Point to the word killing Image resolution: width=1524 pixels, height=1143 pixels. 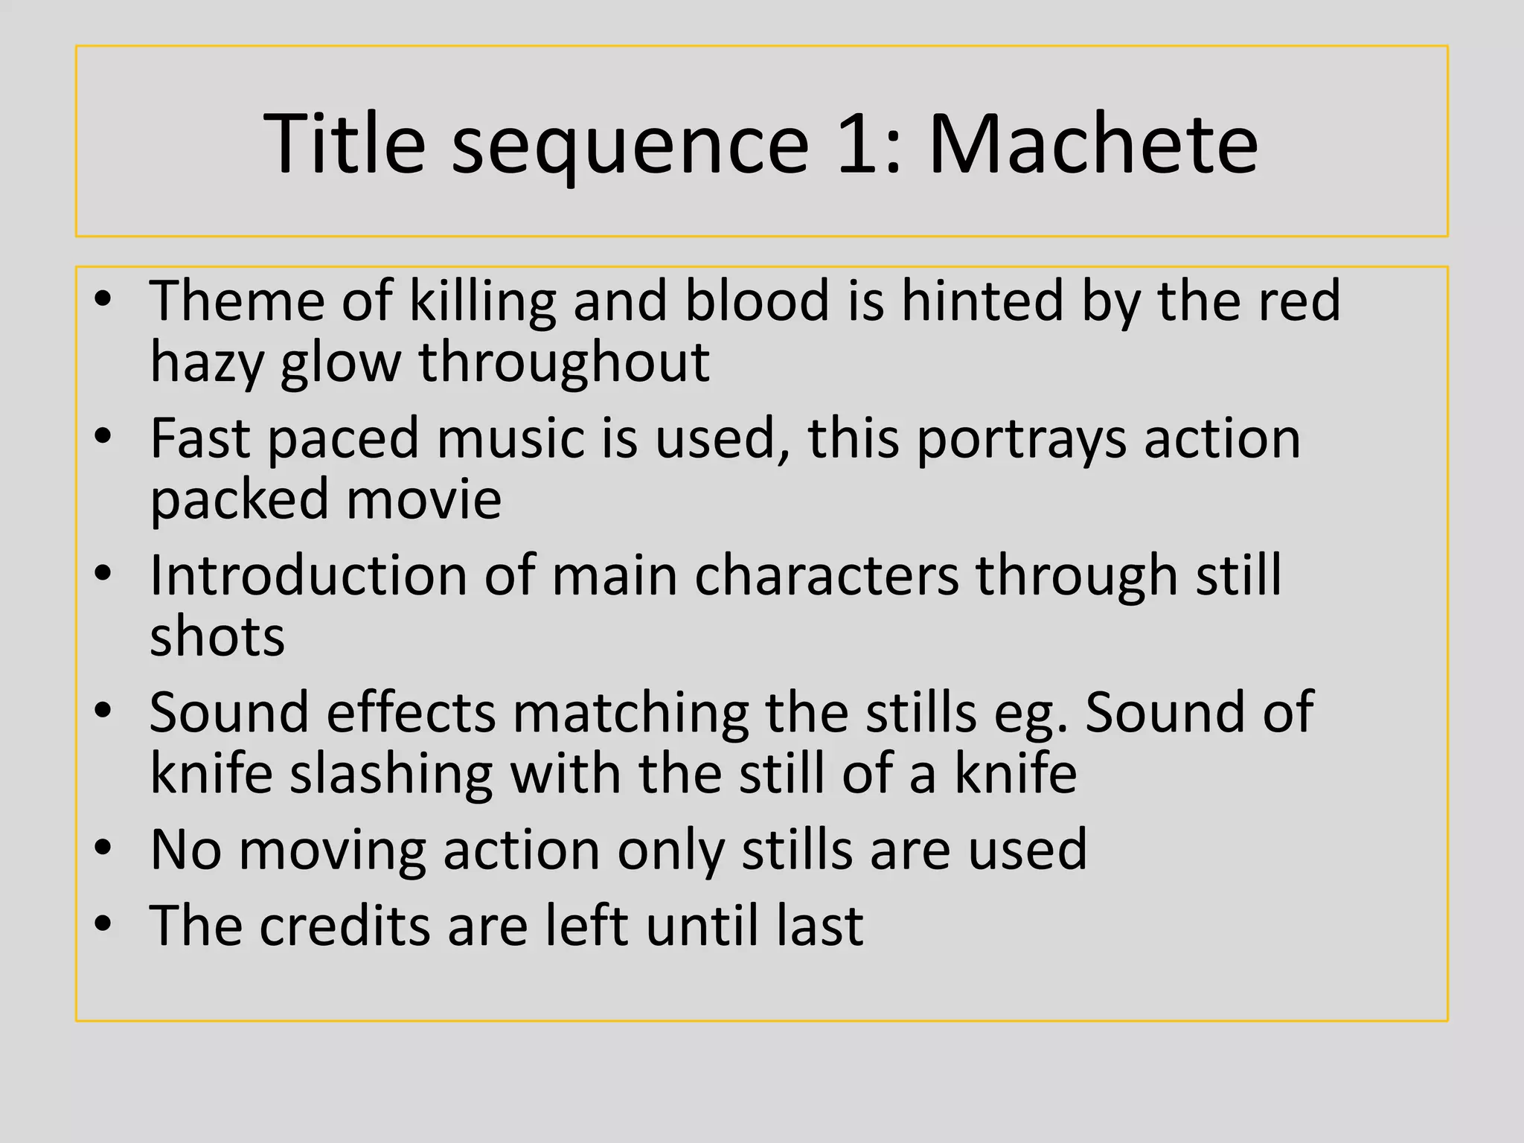coord(483,301)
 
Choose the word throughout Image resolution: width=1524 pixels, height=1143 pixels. coord(563,362)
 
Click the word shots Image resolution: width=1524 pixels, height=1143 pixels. coord(217,637)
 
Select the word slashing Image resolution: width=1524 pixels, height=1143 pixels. coord(391,774)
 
